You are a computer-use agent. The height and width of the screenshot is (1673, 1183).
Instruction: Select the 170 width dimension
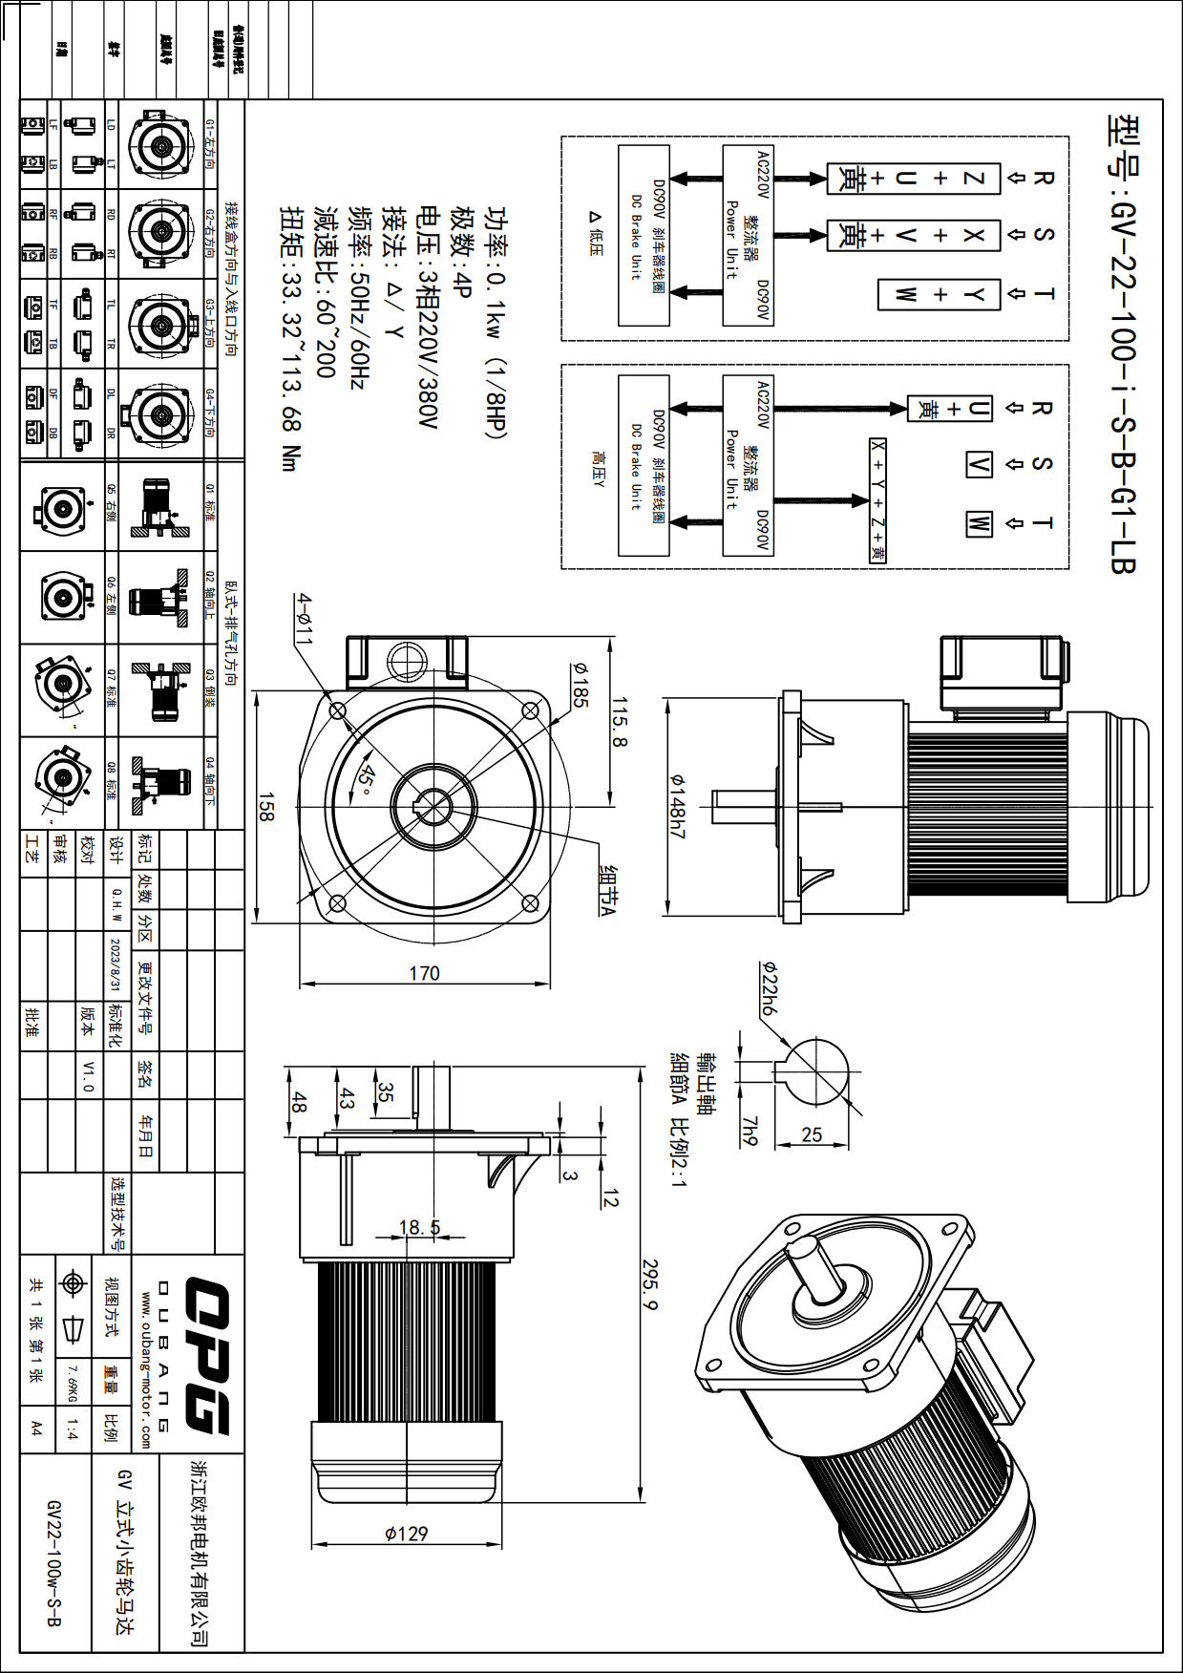(424, 972)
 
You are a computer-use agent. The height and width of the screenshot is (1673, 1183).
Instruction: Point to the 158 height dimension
(266, 807)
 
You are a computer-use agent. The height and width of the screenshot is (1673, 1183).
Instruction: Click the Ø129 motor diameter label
(406, 1534)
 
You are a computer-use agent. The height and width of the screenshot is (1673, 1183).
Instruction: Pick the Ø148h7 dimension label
(677, 807)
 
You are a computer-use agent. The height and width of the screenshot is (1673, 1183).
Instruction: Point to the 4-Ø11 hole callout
(303, 619)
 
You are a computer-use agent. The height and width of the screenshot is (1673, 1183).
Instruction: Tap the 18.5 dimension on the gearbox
(419, 1227)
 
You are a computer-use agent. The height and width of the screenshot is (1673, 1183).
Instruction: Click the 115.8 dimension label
(619, 722)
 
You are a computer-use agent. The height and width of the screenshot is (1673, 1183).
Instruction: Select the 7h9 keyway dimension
(750, 1131)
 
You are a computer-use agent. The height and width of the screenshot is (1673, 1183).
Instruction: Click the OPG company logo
(205, 1356)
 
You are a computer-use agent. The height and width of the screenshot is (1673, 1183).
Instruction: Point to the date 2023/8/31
(116, 964)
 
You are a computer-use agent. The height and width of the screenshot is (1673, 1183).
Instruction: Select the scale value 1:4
(72, 1429)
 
